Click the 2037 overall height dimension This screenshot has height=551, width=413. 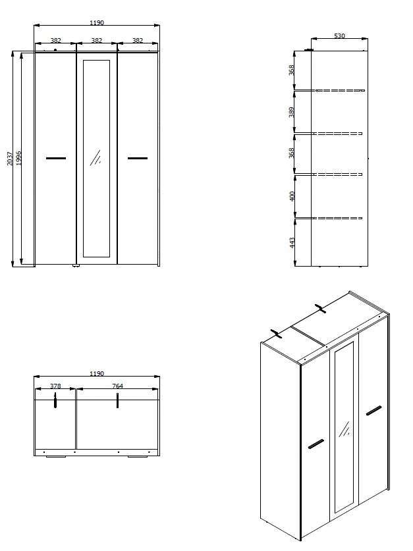click(x=11, y=159)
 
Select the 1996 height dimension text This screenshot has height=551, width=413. click(x=19, y=159)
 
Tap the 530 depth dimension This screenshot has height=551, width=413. click(x=339, y=36)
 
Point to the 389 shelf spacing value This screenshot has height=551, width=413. click(x=292, y=112)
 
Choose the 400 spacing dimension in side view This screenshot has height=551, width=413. click(x=292, y=196)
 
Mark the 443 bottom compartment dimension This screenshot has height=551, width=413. click(x=292, y=242)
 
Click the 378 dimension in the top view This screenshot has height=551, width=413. click(x=56, y=386)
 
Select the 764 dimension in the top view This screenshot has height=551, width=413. click(x=118, y=386)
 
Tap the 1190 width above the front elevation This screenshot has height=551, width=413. click(x=96, y=23)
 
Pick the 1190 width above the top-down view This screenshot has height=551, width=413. click(x=96, y=374)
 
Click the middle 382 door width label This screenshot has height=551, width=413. click(x=96, y=41)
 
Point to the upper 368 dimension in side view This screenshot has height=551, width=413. click(x=292, y=69)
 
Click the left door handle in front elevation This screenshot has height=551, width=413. click(x=56, y=158)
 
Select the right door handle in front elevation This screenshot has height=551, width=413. click(x=138, y=158)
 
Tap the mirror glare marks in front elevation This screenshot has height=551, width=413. click(x=96, y=157)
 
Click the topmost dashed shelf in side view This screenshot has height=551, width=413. click(x=339, y=90)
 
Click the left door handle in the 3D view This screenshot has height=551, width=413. click(x=316, y=444)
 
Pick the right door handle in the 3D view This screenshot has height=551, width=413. click(x=373, y=411)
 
